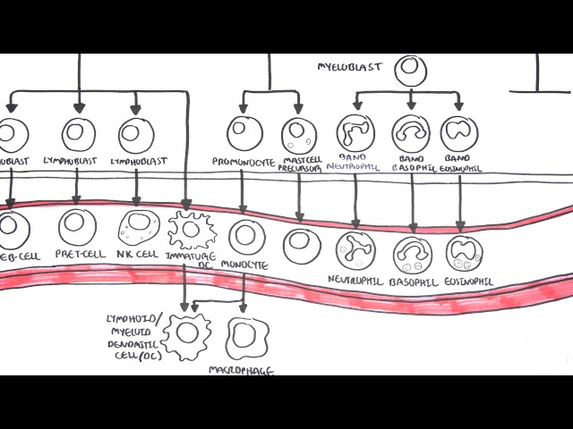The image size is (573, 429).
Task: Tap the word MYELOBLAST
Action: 349,66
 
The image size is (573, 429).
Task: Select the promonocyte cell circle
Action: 244,133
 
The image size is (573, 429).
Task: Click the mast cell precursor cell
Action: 299,136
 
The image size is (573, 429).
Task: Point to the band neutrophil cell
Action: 355,133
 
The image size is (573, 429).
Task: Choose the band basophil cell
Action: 411,133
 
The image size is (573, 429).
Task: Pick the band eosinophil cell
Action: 459,133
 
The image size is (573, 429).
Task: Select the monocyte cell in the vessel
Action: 247,237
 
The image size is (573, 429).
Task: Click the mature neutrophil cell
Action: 355,251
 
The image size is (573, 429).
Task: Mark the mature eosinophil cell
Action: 466,255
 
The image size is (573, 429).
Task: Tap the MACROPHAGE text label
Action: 241,368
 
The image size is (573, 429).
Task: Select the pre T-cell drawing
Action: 77,227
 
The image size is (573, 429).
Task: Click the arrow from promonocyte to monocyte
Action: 243,191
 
